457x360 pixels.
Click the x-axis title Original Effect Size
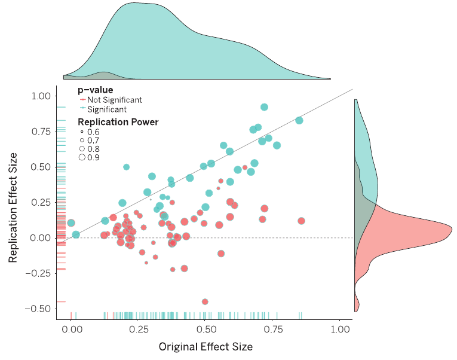(x=206, y=347)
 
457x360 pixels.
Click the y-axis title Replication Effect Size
(x=13, y=206)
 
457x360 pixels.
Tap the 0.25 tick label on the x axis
(x=138, y=329)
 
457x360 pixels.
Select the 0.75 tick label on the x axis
(x=273, y=329)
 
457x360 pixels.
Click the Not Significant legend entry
(x=114, y=100)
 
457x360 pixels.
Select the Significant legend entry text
(x=107, y=109)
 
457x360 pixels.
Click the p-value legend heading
(x=96, y=90)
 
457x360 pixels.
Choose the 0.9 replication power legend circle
(x=82, y=157)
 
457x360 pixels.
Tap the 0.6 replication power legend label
(x=94, y=132)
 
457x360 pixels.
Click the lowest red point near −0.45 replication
(x=205, y=301)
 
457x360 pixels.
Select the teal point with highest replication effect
(x=264, y=107)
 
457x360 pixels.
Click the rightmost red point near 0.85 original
(x=301, y=221)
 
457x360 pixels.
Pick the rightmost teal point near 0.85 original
(x=299, y=120)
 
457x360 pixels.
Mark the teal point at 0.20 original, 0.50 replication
(x=126, y=167)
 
